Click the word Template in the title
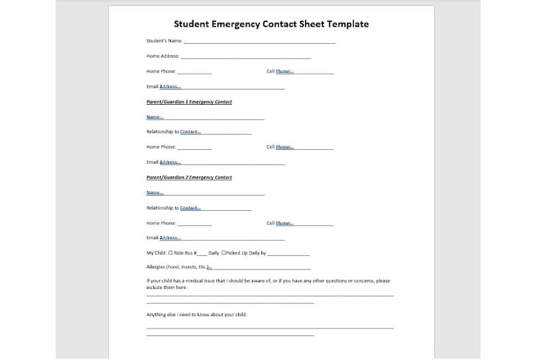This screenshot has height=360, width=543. tap(345, 24)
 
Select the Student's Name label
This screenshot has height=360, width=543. tap(164, 41)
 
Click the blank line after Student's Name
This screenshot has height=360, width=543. tap(260, 42)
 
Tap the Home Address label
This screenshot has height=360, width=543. tap(163, 56)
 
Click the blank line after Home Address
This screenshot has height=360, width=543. tap(246, 57)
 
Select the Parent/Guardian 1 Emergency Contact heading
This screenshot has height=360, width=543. tap(189, 102)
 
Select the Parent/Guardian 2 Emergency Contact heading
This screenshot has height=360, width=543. tap(189, 177)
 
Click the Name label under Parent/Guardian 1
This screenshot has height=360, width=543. tap(155, 117)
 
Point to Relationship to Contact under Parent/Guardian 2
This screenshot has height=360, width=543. tap(173, 207)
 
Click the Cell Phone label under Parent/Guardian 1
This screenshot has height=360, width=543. tap(280, 146)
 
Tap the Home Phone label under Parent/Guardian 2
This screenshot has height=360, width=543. tap(161, 223)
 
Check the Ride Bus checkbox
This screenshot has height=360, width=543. tap(170, 253)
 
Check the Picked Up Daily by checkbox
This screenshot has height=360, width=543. tap(224, 253)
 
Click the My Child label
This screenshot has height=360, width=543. tap(157, 253)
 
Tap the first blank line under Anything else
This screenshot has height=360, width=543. tap(269, 328)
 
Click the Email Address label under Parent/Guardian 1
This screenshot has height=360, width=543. tap(163, 162)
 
